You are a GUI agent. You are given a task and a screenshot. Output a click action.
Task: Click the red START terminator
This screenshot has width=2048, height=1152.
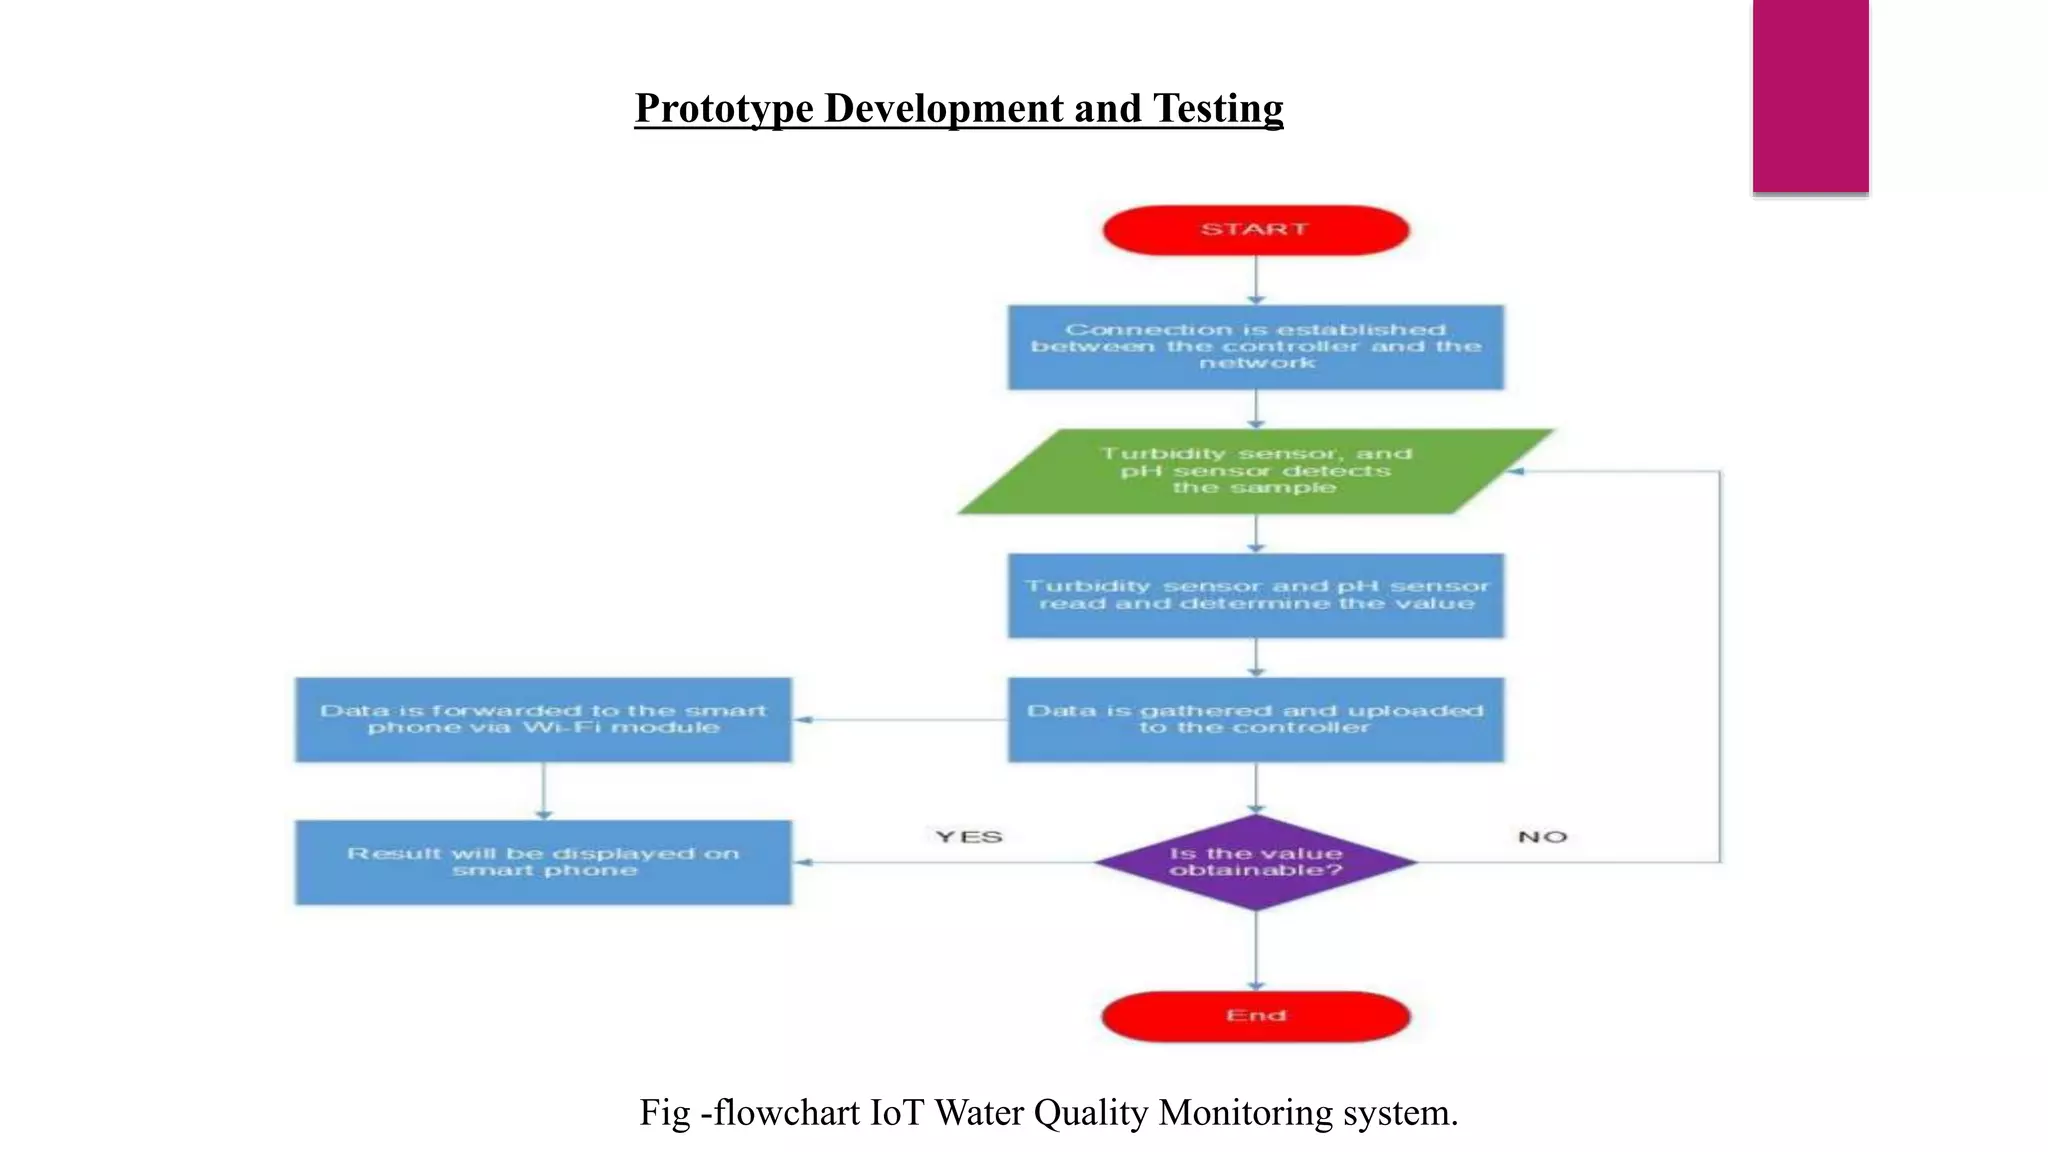1255,230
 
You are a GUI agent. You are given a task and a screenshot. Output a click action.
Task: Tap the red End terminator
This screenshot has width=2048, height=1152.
1255,1016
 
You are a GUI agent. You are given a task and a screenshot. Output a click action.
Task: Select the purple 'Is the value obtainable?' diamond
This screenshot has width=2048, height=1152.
1255,862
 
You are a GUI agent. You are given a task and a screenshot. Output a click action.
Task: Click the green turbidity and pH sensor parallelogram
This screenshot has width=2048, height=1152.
1255,471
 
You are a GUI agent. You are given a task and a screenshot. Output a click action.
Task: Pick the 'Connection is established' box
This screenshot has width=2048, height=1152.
1255,347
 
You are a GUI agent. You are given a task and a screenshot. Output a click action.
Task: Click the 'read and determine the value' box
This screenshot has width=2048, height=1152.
1255,595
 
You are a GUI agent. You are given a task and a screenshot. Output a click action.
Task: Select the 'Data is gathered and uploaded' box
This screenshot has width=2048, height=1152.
1255,720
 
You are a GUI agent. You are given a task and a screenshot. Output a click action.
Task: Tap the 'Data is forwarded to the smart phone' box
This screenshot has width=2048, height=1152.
543,720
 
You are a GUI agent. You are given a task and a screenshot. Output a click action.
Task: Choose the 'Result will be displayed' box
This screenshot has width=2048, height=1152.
543,862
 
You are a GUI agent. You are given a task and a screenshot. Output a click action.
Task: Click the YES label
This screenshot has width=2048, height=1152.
968,837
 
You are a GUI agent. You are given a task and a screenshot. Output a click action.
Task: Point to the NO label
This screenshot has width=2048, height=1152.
1542,837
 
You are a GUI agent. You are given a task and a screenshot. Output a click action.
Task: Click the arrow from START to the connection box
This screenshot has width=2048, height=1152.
1256,280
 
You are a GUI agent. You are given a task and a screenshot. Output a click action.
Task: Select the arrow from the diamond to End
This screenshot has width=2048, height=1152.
1256,950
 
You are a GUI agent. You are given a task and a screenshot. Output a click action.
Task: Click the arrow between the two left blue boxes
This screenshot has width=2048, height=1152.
543,791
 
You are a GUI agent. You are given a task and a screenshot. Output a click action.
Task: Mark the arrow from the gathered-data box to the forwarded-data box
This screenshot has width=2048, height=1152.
900,720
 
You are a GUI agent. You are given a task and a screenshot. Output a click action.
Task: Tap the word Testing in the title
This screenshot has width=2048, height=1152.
1217,109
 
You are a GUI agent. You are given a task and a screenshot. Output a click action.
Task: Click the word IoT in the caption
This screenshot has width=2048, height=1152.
897,1112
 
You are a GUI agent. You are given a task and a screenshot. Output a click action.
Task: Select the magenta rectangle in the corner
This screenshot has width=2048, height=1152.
1810,95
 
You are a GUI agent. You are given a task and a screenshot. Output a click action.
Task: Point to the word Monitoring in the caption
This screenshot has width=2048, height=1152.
1244,1112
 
